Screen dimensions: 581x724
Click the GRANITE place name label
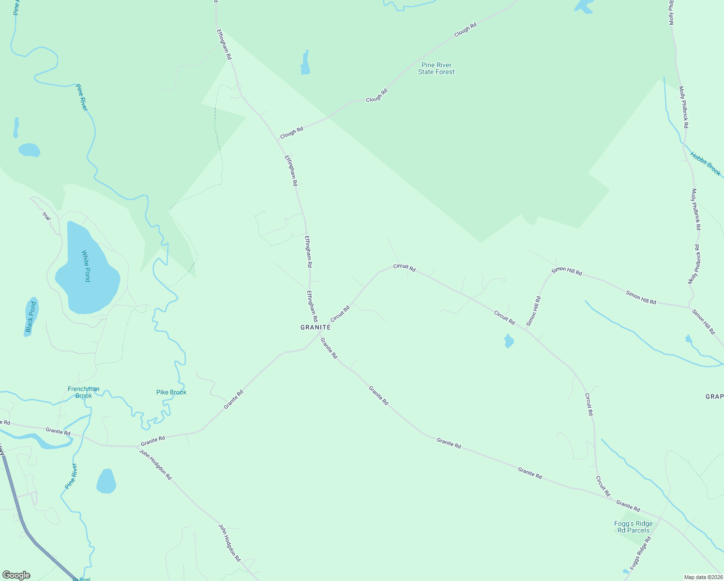[316, 327]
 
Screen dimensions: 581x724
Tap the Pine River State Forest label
[437, 68]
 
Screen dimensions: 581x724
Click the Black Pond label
[31, 318]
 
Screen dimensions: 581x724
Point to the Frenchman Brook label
[84, 392]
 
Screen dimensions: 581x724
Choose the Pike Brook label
[171, 392]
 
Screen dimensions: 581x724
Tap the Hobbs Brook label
[705, 164]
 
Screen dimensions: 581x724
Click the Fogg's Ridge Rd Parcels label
[633, 527]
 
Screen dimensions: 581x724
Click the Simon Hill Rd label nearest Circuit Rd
[534, 311]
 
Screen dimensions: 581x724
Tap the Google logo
[16, 575]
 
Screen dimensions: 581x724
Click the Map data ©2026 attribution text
[703, 577]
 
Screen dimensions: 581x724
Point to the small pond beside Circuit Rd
[508, 341]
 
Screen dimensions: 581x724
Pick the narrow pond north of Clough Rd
[305, 63]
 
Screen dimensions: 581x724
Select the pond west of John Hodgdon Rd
[106, 481]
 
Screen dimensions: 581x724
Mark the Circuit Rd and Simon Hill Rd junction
[526, 330]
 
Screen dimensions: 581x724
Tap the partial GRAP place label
[714, 397]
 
